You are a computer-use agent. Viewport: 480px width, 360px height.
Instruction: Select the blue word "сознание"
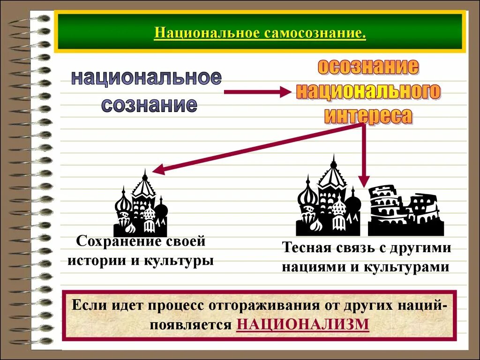coord(149,105)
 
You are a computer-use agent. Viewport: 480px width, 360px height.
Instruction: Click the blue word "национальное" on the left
coord(146,77)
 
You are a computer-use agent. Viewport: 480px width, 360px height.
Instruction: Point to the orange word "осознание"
coord(368,67)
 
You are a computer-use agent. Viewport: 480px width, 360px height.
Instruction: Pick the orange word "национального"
coord(368,91)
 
